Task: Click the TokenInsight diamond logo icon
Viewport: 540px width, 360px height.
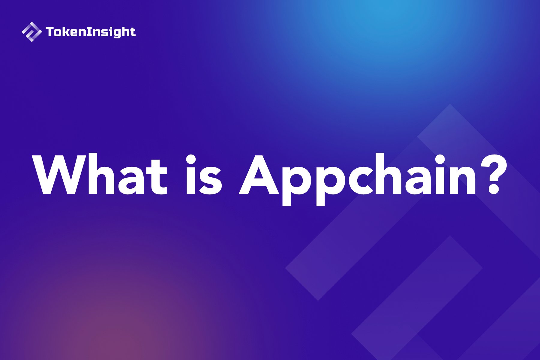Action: coord(31,32)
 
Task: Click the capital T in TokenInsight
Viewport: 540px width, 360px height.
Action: coord(50,32)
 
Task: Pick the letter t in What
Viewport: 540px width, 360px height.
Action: coord(158,177)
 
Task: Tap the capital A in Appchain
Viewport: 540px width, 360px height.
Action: coord(259,175)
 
